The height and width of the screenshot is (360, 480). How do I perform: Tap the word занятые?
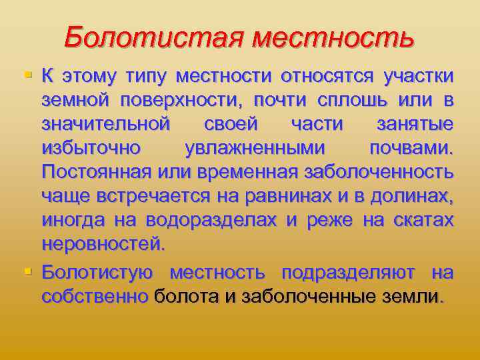[419, 125]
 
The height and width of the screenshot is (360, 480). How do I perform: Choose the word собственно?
[94, 297]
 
